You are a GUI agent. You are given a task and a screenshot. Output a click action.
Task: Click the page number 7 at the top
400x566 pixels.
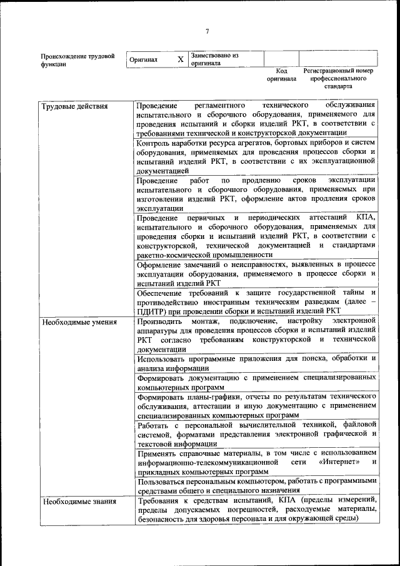206,32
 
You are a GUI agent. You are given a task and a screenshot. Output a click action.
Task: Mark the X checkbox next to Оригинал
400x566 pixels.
181,59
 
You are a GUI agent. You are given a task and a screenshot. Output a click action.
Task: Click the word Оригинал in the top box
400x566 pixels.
143,60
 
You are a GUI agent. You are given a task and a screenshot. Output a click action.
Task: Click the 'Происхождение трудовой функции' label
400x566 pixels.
77,59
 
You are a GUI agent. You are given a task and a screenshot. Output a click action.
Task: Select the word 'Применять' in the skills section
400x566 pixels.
158,452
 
